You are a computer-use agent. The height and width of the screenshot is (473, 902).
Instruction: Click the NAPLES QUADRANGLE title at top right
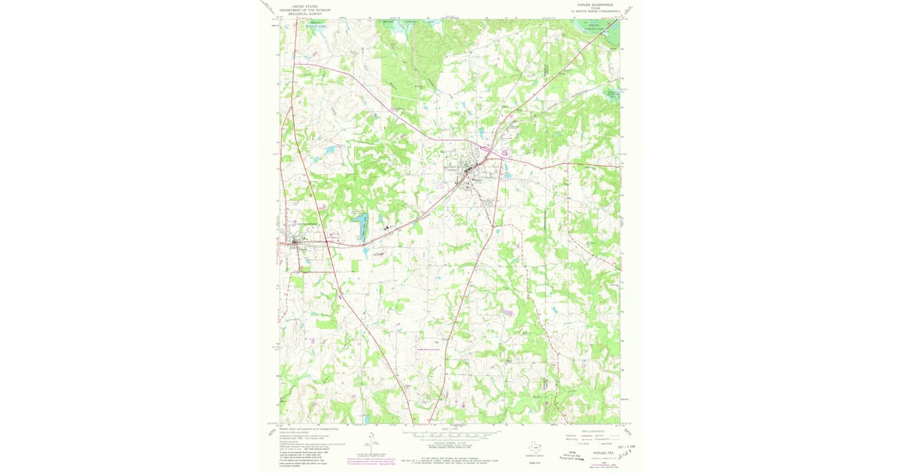[x=594, y=5]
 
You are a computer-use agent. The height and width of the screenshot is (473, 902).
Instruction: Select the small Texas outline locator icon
[x=535, y=444]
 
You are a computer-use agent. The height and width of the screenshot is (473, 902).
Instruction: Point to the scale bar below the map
[x=451, y=435]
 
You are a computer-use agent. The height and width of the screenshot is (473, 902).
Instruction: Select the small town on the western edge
[x=295, y=242]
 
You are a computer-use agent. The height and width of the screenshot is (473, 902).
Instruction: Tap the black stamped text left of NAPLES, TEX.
[x=566, y=453]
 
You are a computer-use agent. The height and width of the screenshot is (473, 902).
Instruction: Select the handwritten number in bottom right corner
[x=623, y=449]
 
